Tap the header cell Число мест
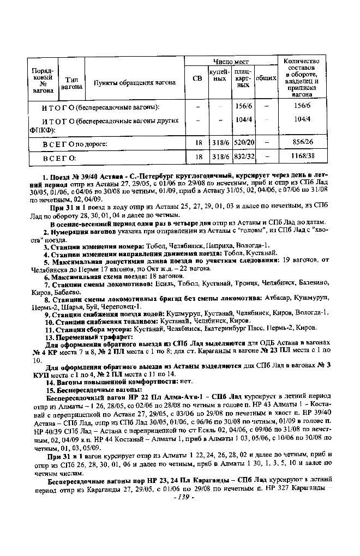pyautogui.click(x=231, y=62)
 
